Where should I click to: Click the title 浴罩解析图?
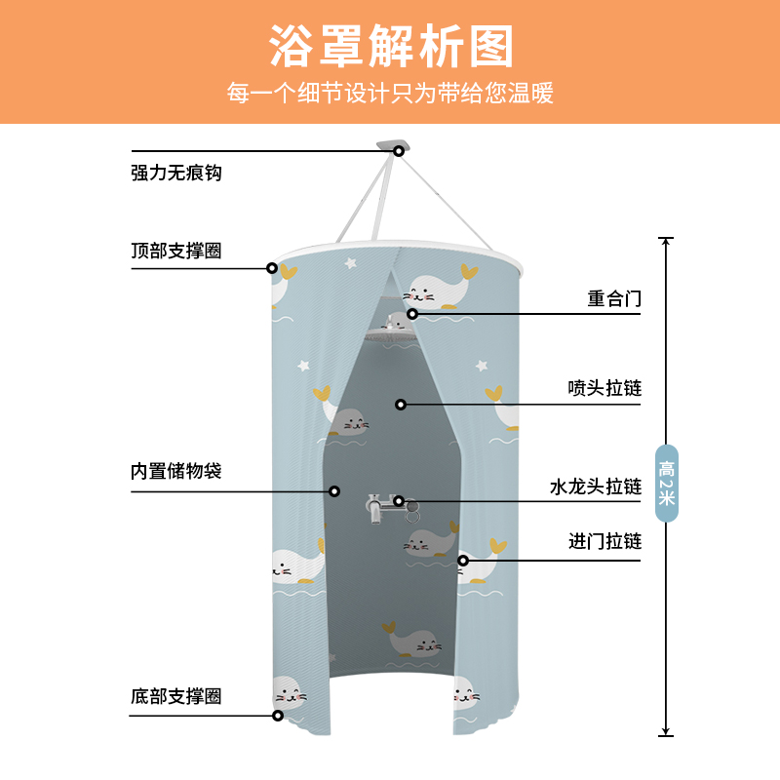click(x=390, y=45)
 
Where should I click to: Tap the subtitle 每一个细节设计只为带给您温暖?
click(x=390, y=95)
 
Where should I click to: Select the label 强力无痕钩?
click(x=176, y=174)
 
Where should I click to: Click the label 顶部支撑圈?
click(x=176, y=251)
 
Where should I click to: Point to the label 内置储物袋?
click(x=176, y=472)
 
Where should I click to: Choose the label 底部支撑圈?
click(x=176, y=697)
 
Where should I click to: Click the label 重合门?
click(x=614, y=298)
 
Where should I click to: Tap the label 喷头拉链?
click(x=604, y=388)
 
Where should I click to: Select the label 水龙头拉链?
click(x=596, y=486)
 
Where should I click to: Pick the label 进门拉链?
click(x=604, y=541)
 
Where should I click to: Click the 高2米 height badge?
click(x=666, y=483)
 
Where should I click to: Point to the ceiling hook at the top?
click(x=398, y=148)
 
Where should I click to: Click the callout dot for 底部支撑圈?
click(x=278, y=715)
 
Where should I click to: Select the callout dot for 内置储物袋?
click(x=333, y=490)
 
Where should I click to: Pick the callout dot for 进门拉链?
click(x=464, y=560)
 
